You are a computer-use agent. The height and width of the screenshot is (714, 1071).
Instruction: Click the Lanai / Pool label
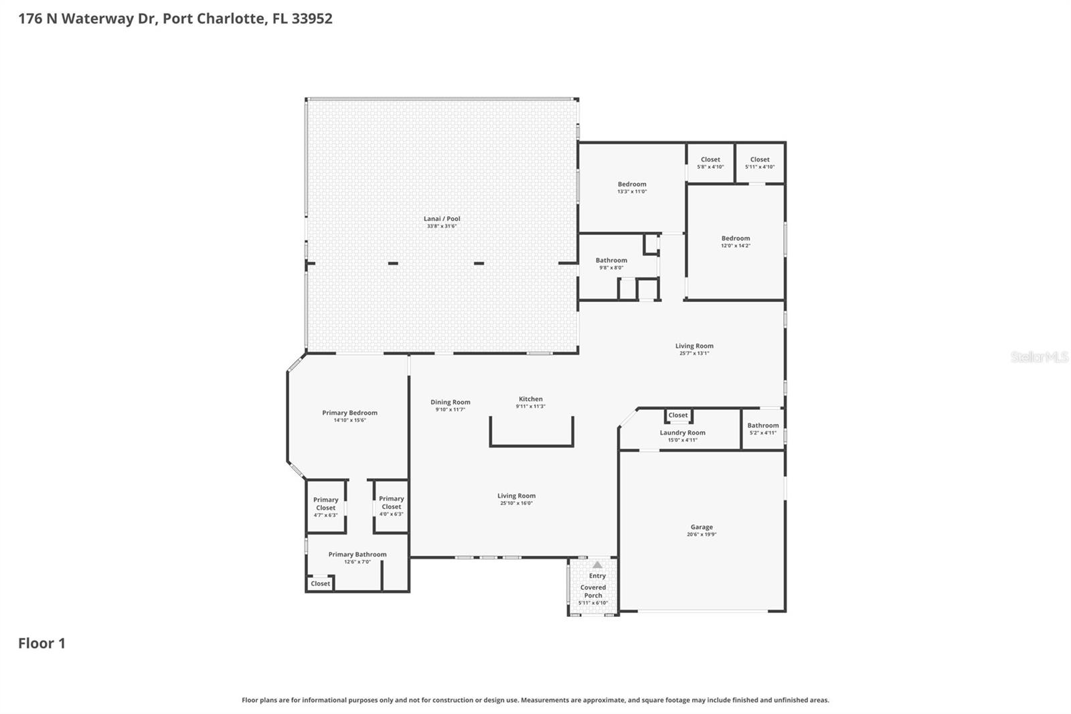point(442,219)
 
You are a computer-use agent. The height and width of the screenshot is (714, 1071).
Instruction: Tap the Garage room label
point(702,527)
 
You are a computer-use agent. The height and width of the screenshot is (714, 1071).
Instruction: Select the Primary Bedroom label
point(349,413)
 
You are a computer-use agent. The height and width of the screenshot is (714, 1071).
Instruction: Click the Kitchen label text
point(530,399)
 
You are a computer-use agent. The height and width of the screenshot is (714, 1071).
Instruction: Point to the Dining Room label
point(450,403)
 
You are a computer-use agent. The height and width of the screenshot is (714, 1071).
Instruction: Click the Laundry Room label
point(682,433)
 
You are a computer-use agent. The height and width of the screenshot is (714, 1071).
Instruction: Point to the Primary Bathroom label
point(357,555)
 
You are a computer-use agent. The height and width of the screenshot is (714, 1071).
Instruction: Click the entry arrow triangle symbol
point(597,565)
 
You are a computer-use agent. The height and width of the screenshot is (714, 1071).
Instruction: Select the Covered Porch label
point(593,591)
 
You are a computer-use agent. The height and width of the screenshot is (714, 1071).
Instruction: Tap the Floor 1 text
point(42,644)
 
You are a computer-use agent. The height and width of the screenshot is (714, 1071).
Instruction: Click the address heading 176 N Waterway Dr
point(175,18)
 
